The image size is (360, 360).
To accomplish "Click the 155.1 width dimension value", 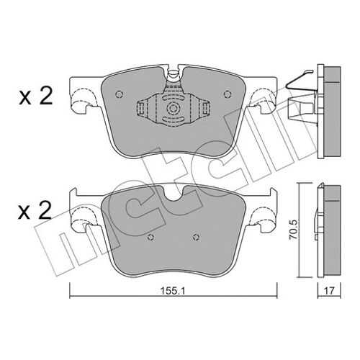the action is (x=173, y=291).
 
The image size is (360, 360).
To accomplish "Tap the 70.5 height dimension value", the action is (x=293, y=229).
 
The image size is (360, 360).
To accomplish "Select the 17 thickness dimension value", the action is (x=329, y=291).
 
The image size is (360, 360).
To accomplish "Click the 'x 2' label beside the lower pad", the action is (x=35, y=211).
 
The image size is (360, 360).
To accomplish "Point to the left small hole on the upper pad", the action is (x=119, y=94).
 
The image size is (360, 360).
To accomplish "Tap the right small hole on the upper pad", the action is (x=227, y=94).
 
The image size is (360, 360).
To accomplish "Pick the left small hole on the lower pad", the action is (x=150, y=237).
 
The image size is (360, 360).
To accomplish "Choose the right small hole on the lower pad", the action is (x=197, y=237).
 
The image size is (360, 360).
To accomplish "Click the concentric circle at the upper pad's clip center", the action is (x=173, y=109).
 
